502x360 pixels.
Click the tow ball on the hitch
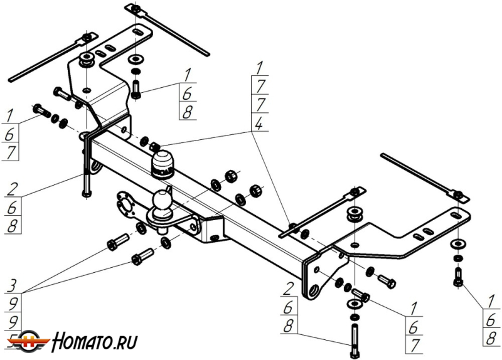tap(162, 201)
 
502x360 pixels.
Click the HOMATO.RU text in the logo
tap(94, 342)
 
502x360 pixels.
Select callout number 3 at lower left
tap(12, 287)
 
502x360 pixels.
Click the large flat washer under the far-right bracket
tap(457, 243)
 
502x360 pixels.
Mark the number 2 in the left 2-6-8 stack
tap(12, 189)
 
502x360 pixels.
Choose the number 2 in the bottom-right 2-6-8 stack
tap(288, 289)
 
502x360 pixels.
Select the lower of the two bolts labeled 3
tap(142, 257)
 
